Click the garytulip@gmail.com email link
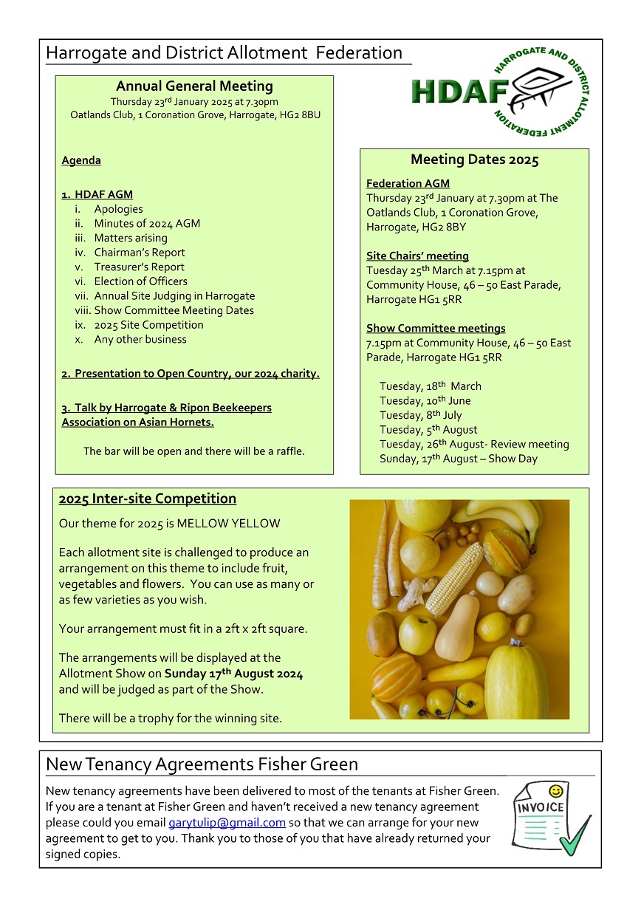pyautogui.click(x=227, y=823)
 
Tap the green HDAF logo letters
pyautogui.click(x=458, y=92)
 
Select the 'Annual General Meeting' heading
pyautogui.click(x=194, y=86)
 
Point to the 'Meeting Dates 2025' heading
pyautogui.click(x=474, y=160)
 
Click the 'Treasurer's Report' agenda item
pyautogui.click(x=139, y=267)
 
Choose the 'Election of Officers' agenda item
pyautogui.click(x=140, y=281)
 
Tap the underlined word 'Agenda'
pyautogui.click(x=81, y=160)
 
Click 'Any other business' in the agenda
pyautogui.click(x=140, y=340)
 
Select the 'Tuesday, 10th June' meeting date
pyautogui.click(x=425, y=401)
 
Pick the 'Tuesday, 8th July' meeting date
pyautogui.click(x=420, y=415)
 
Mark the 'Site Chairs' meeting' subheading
pyautogui.click(x=417, y=256)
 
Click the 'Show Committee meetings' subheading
pyautogui.click(x=436, y=329)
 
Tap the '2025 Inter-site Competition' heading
pyautogui.click(x=147, y=499)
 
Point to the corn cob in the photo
pyautogui.click(x=453, y=579)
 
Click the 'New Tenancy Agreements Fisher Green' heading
pyautogui.click(x=202, y=764)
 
